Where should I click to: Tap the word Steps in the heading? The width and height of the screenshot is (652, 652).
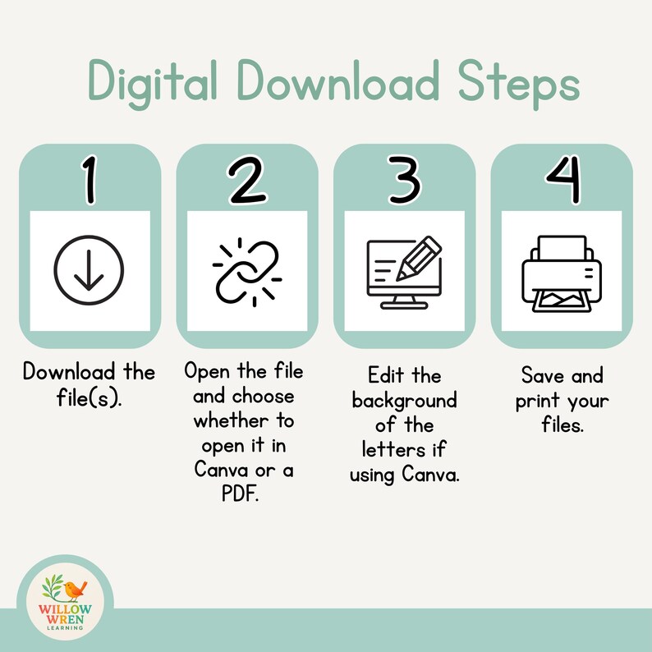(519, 83)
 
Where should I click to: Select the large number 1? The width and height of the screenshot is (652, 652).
(89, 180)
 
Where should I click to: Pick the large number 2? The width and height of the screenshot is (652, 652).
(247, 180)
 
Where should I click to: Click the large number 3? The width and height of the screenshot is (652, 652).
(404, 180)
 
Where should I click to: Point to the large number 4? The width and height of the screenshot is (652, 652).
(563, 180)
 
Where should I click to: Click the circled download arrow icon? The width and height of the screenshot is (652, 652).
(89, 270)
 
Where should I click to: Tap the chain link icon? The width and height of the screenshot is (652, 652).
(247, 273)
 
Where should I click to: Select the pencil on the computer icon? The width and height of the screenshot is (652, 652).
(419, 258)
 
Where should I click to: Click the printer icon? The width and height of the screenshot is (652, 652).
(562, 273)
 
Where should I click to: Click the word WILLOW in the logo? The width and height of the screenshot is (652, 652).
(65, 609)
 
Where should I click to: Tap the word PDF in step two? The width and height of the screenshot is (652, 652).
(241, 494)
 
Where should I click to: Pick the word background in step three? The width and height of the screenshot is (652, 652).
(404, 402)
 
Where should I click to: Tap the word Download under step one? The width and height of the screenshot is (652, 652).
(69, 371)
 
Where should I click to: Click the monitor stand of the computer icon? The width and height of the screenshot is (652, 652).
(404, 303)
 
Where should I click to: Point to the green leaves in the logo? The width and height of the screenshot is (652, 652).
(52, 585)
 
